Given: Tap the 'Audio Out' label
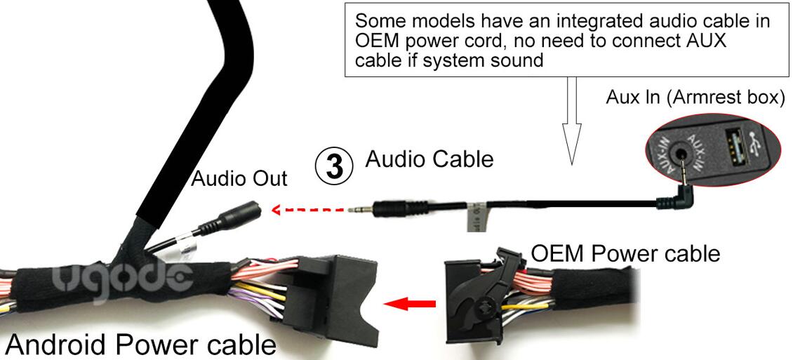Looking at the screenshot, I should [239, 179].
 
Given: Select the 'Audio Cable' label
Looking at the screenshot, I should [429, 159].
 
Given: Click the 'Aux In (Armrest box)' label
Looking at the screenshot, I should [695, 98].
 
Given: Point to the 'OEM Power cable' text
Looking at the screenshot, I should [625, 253].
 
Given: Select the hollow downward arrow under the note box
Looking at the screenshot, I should [571, 119].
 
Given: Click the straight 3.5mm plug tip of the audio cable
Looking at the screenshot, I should [361, 208].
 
